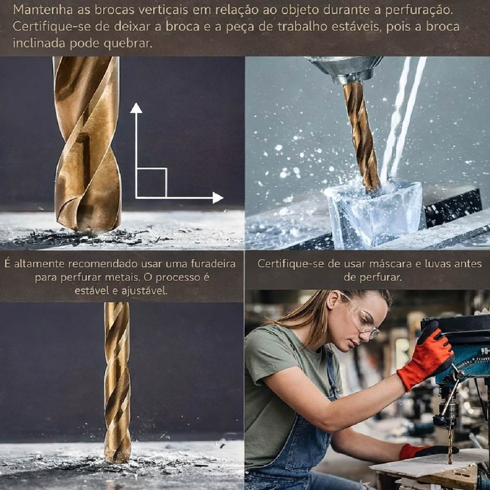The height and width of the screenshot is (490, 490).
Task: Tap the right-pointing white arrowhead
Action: [x=218, y=198]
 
